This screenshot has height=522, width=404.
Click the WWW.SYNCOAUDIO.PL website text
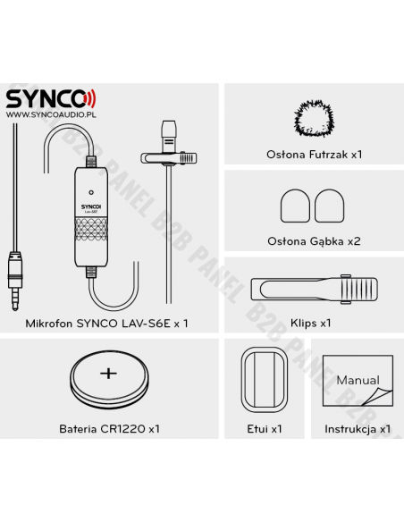(51, 114)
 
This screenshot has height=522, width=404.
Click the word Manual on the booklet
(357, 380)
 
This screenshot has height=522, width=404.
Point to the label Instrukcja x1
(356, 429)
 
